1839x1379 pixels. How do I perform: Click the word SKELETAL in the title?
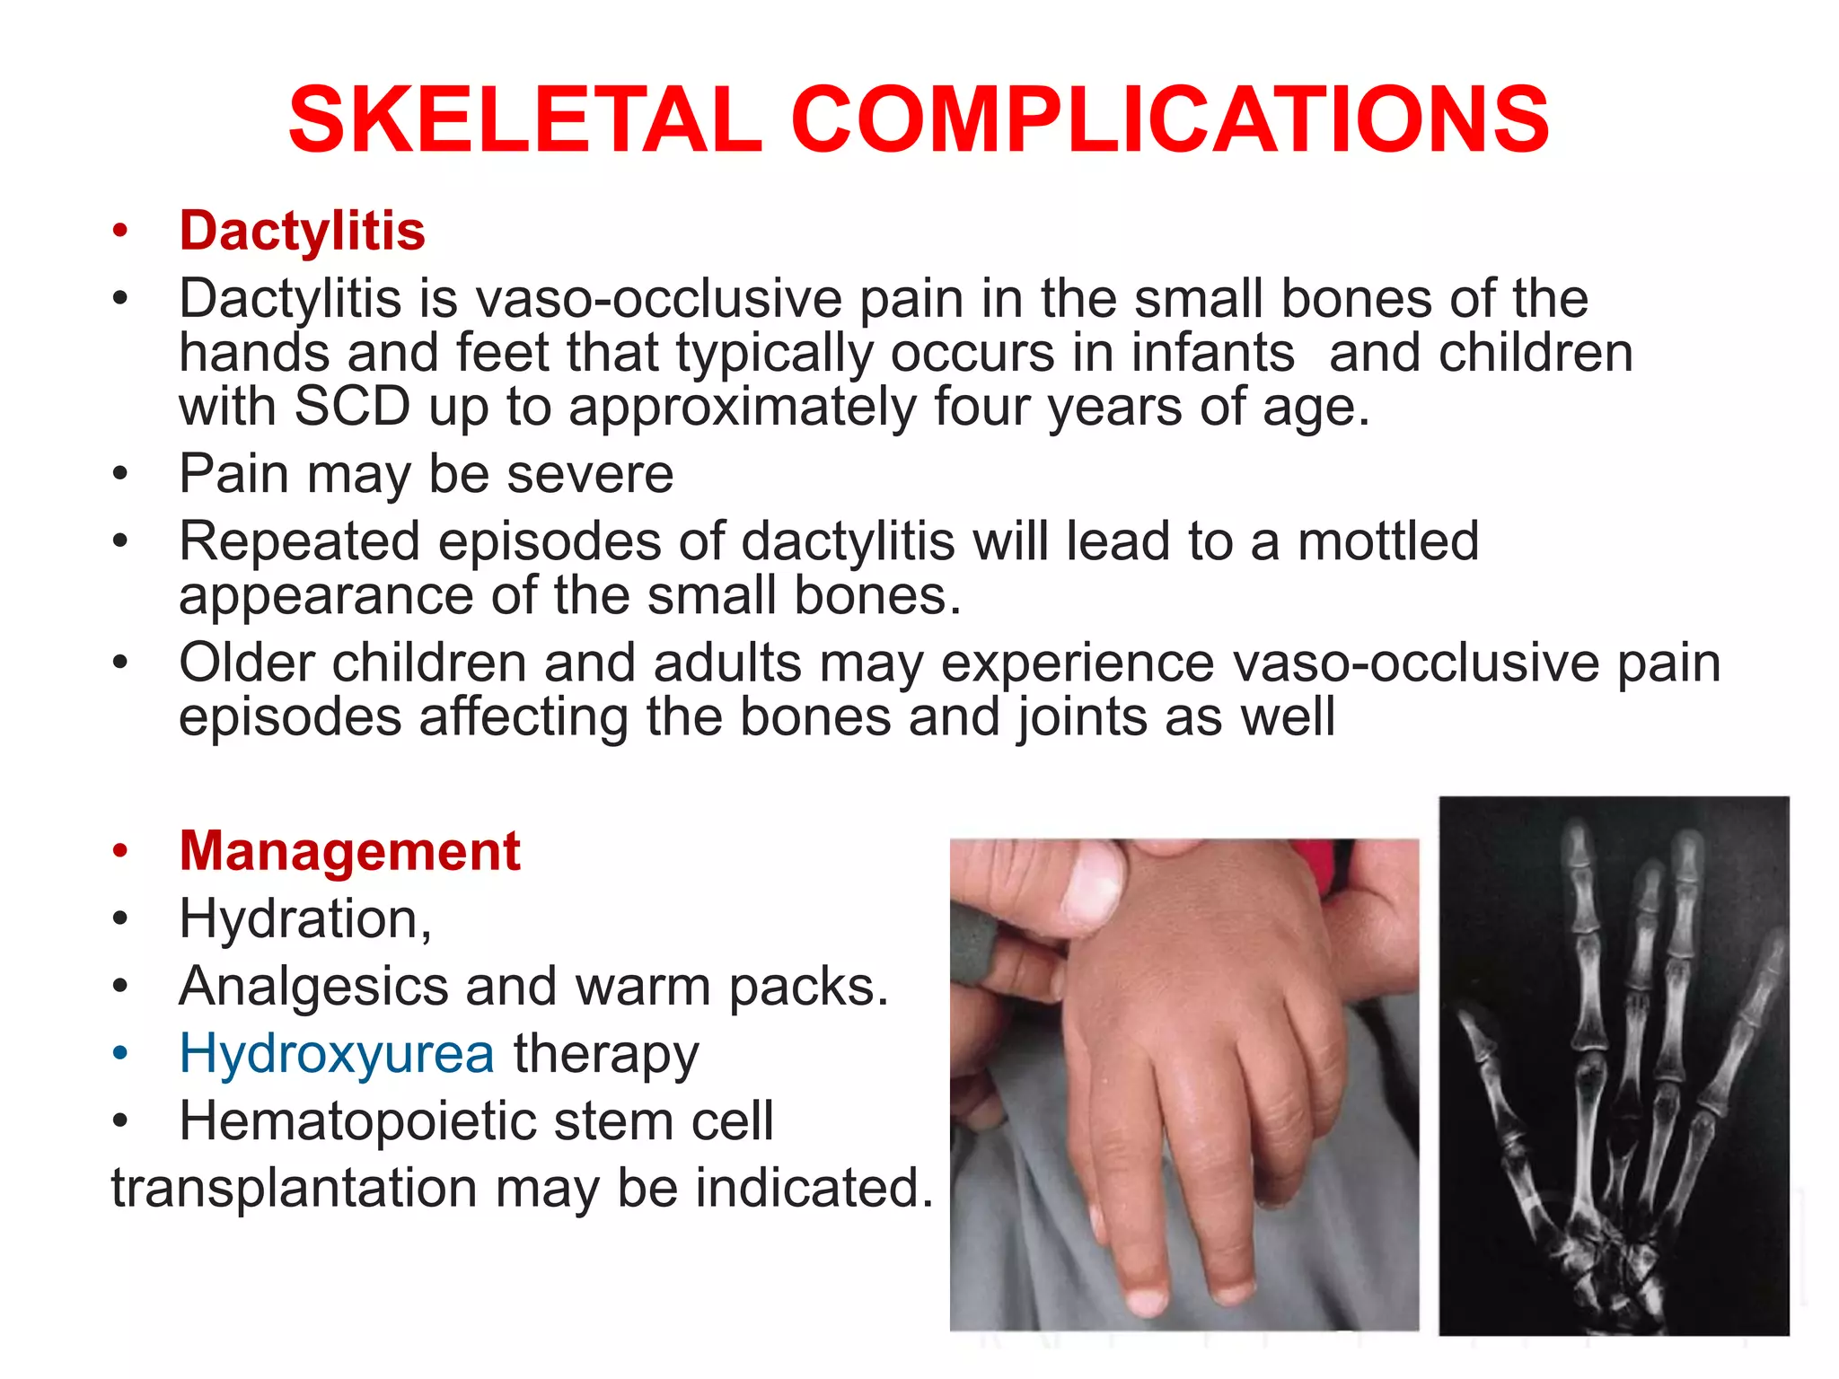524,120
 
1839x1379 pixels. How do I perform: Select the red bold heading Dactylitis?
302,231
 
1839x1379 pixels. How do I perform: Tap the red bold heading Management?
349,851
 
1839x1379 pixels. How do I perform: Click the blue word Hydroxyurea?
337,1053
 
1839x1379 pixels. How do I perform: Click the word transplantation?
295,1188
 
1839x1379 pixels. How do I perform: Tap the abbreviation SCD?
352,407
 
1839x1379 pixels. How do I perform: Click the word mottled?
1388,541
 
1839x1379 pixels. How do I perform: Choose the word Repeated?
299,541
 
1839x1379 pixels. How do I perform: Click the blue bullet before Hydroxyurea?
120,1055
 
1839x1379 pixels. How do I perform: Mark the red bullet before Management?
120,852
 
